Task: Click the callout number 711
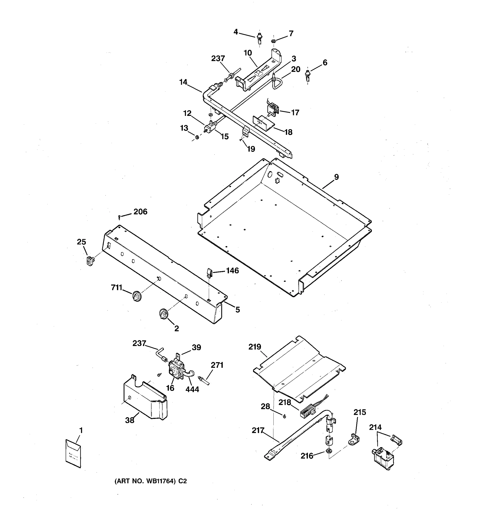point(116,287)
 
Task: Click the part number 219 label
point(255,347)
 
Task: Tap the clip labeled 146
point(209,272)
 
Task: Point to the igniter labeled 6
point(308,76)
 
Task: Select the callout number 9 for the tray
point(336,177)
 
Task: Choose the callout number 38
point(130,420)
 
